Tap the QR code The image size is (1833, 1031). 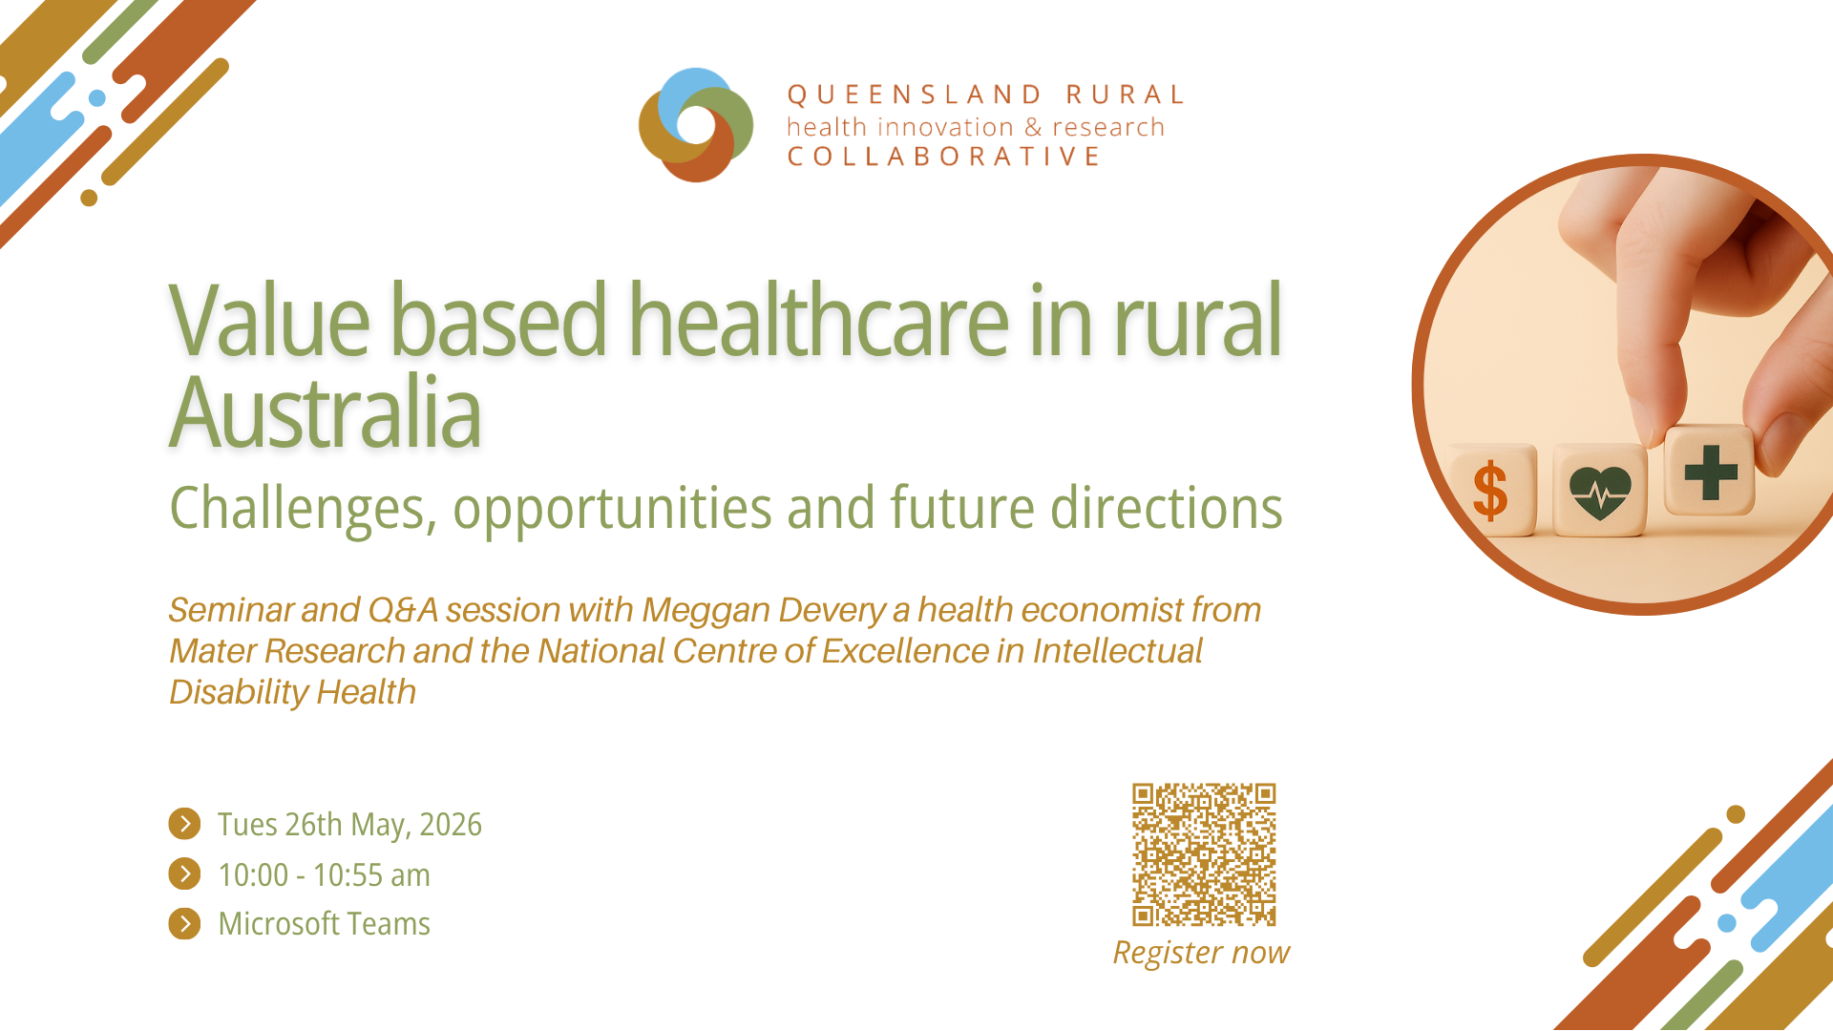click(x=1204, y=854)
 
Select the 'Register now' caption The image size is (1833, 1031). click(x=1201, y=953)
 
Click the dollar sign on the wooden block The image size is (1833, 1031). click(x=1490, y=492)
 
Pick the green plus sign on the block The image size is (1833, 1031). click(x=1711, y=473)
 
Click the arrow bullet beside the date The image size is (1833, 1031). click(x=184, y=824)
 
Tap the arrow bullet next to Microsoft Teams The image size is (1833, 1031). click(x=184, y=923)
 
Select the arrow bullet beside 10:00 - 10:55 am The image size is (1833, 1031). click(x=184, y=873)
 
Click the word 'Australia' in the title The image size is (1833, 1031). click(x=326, y=412)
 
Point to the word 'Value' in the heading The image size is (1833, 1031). click(x=269, y=320)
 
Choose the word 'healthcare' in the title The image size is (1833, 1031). click(x=818, y=320)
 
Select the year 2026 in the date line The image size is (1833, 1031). click(x=451, y=825)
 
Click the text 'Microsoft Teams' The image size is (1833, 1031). click(x=325, y=924)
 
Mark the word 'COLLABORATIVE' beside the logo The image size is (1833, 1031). click(x=944, y=157)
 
